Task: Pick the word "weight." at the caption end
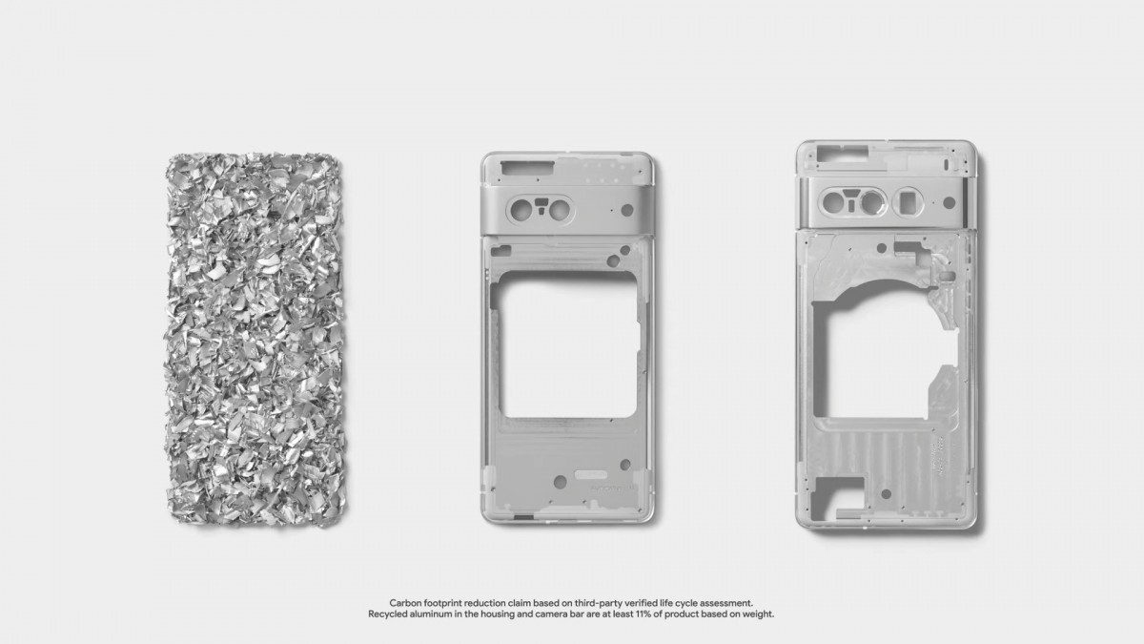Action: [x=755, y=614]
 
